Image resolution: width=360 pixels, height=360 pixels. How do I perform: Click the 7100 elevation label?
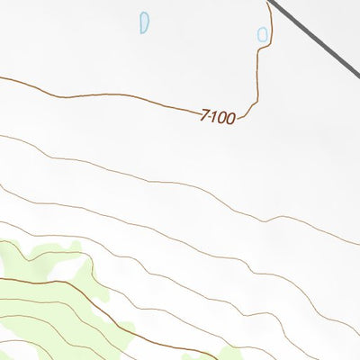[219, 117]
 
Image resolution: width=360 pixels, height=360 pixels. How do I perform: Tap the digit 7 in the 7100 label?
[206, 115]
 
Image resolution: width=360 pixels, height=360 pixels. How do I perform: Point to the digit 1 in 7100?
[214, 116]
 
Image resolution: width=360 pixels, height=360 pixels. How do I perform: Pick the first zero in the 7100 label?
[222, 118]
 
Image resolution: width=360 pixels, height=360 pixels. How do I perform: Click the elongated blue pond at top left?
[144, 22]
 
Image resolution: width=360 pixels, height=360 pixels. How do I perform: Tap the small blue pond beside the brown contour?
[263, 35]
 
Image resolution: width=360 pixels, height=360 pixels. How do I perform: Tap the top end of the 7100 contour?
[267, 2]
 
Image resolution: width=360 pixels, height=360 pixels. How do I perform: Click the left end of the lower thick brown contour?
[1, 279]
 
